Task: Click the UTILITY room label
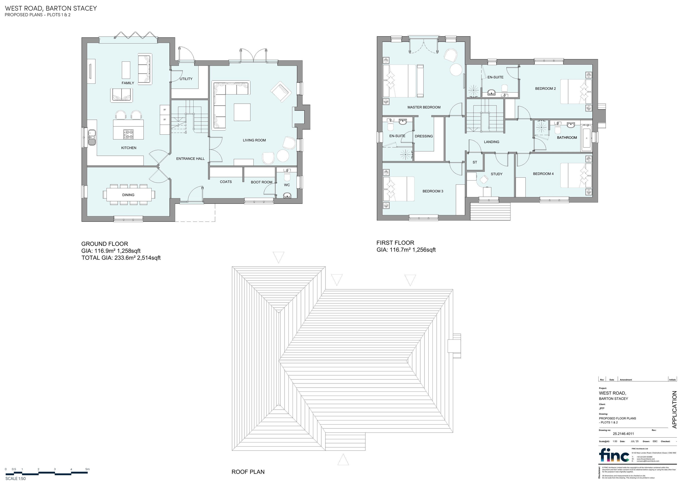186,79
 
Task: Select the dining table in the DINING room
129,195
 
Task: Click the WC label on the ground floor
287,185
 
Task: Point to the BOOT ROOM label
261,182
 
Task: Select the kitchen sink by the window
92,136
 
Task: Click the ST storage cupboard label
475,162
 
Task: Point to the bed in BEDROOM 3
399,189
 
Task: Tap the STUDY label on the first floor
496,174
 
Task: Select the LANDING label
491,142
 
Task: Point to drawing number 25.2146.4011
623,433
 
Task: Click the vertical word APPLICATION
674,410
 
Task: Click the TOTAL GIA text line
121,258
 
